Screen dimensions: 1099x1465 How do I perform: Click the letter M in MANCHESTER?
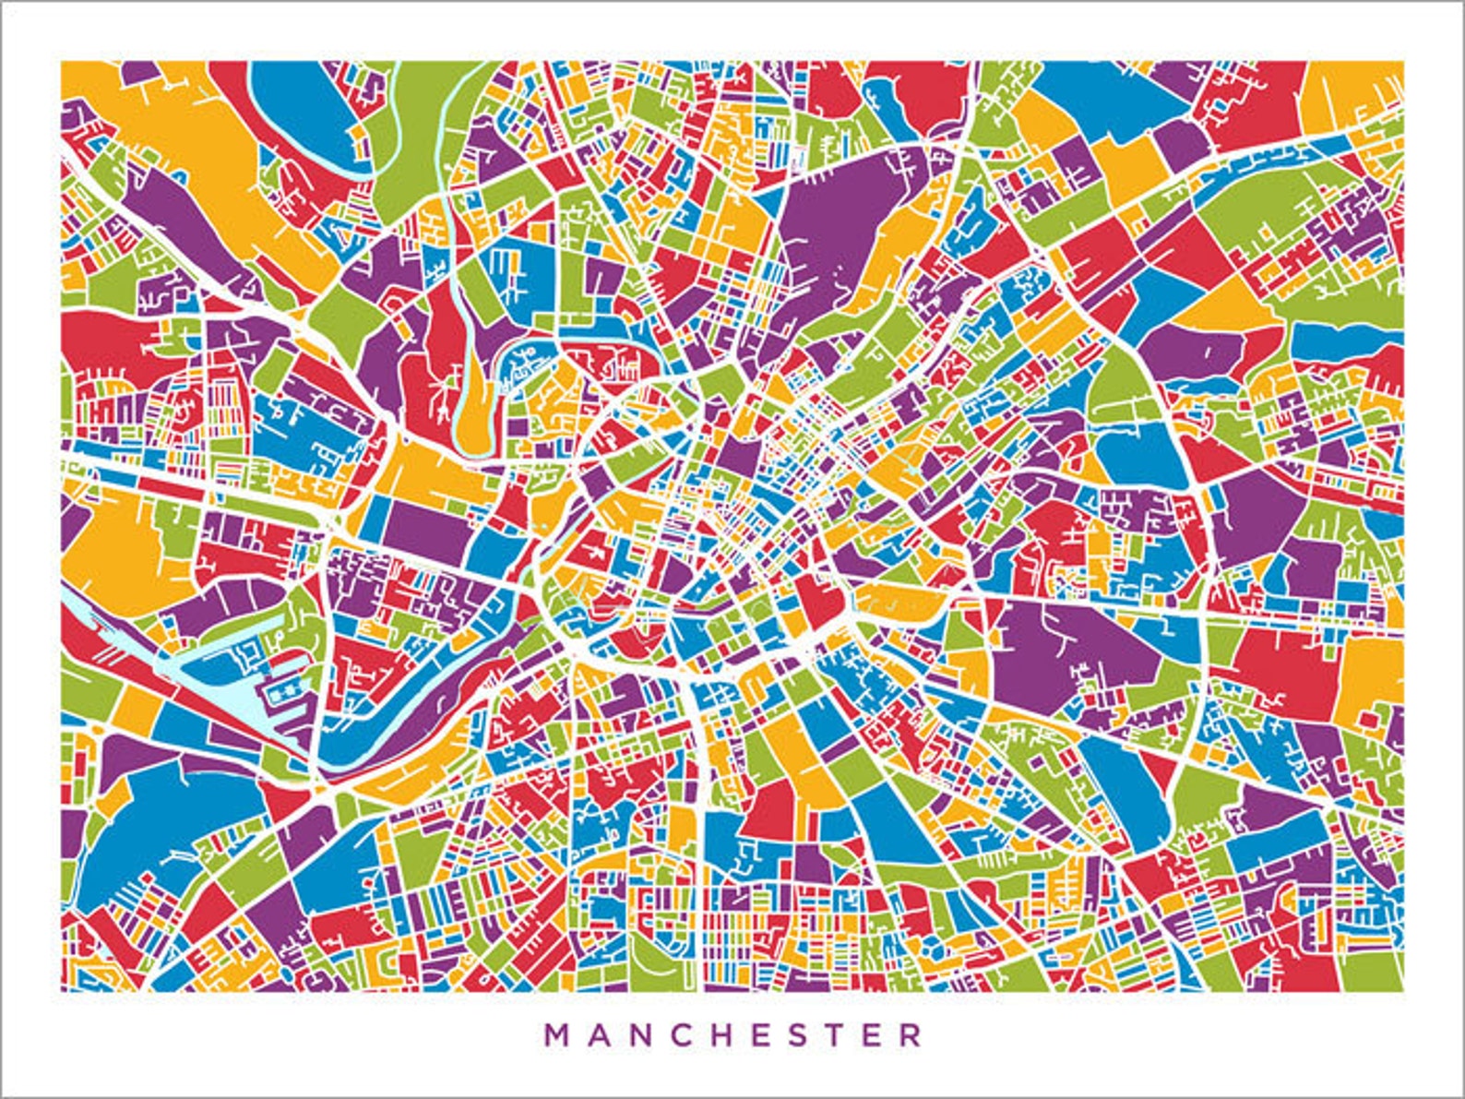558,1034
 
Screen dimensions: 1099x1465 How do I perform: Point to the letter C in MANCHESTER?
686,1034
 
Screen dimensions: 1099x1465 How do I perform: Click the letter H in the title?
729,1034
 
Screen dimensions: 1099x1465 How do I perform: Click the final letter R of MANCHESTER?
911,1034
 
